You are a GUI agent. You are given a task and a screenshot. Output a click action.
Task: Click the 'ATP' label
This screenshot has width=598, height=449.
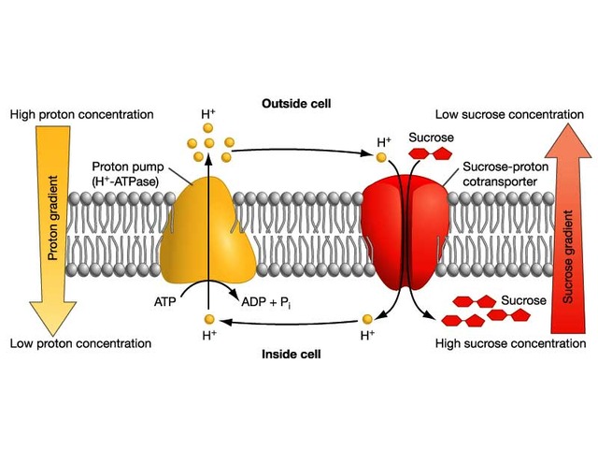point(165,302)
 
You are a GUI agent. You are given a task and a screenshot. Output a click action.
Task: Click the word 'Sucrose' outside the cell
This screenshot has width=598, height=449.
point(431,138)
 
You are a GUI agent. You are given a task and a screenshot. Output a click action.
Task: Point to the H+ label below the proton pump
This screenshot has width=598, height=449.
point(207,334)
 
